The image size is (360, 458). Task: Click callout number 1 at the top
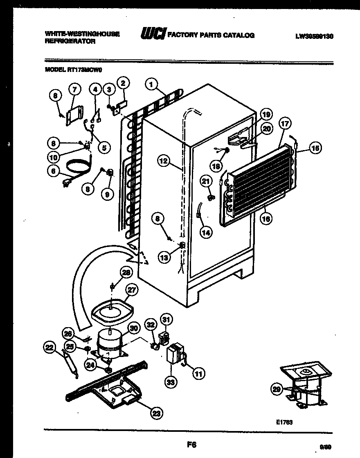[x=151, y=85]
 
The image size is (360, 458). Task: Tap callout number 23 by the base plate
[x=156, y=413]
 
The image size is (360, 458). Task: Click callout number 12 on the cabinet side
[x=163, y=161]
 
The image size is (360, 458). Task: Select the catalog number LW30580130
[x=314, y=36]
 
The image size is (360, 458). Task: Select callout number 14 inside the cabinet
[x=206, y=232]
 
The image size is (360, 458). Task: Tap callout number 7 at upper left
[x=74, y=88]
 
